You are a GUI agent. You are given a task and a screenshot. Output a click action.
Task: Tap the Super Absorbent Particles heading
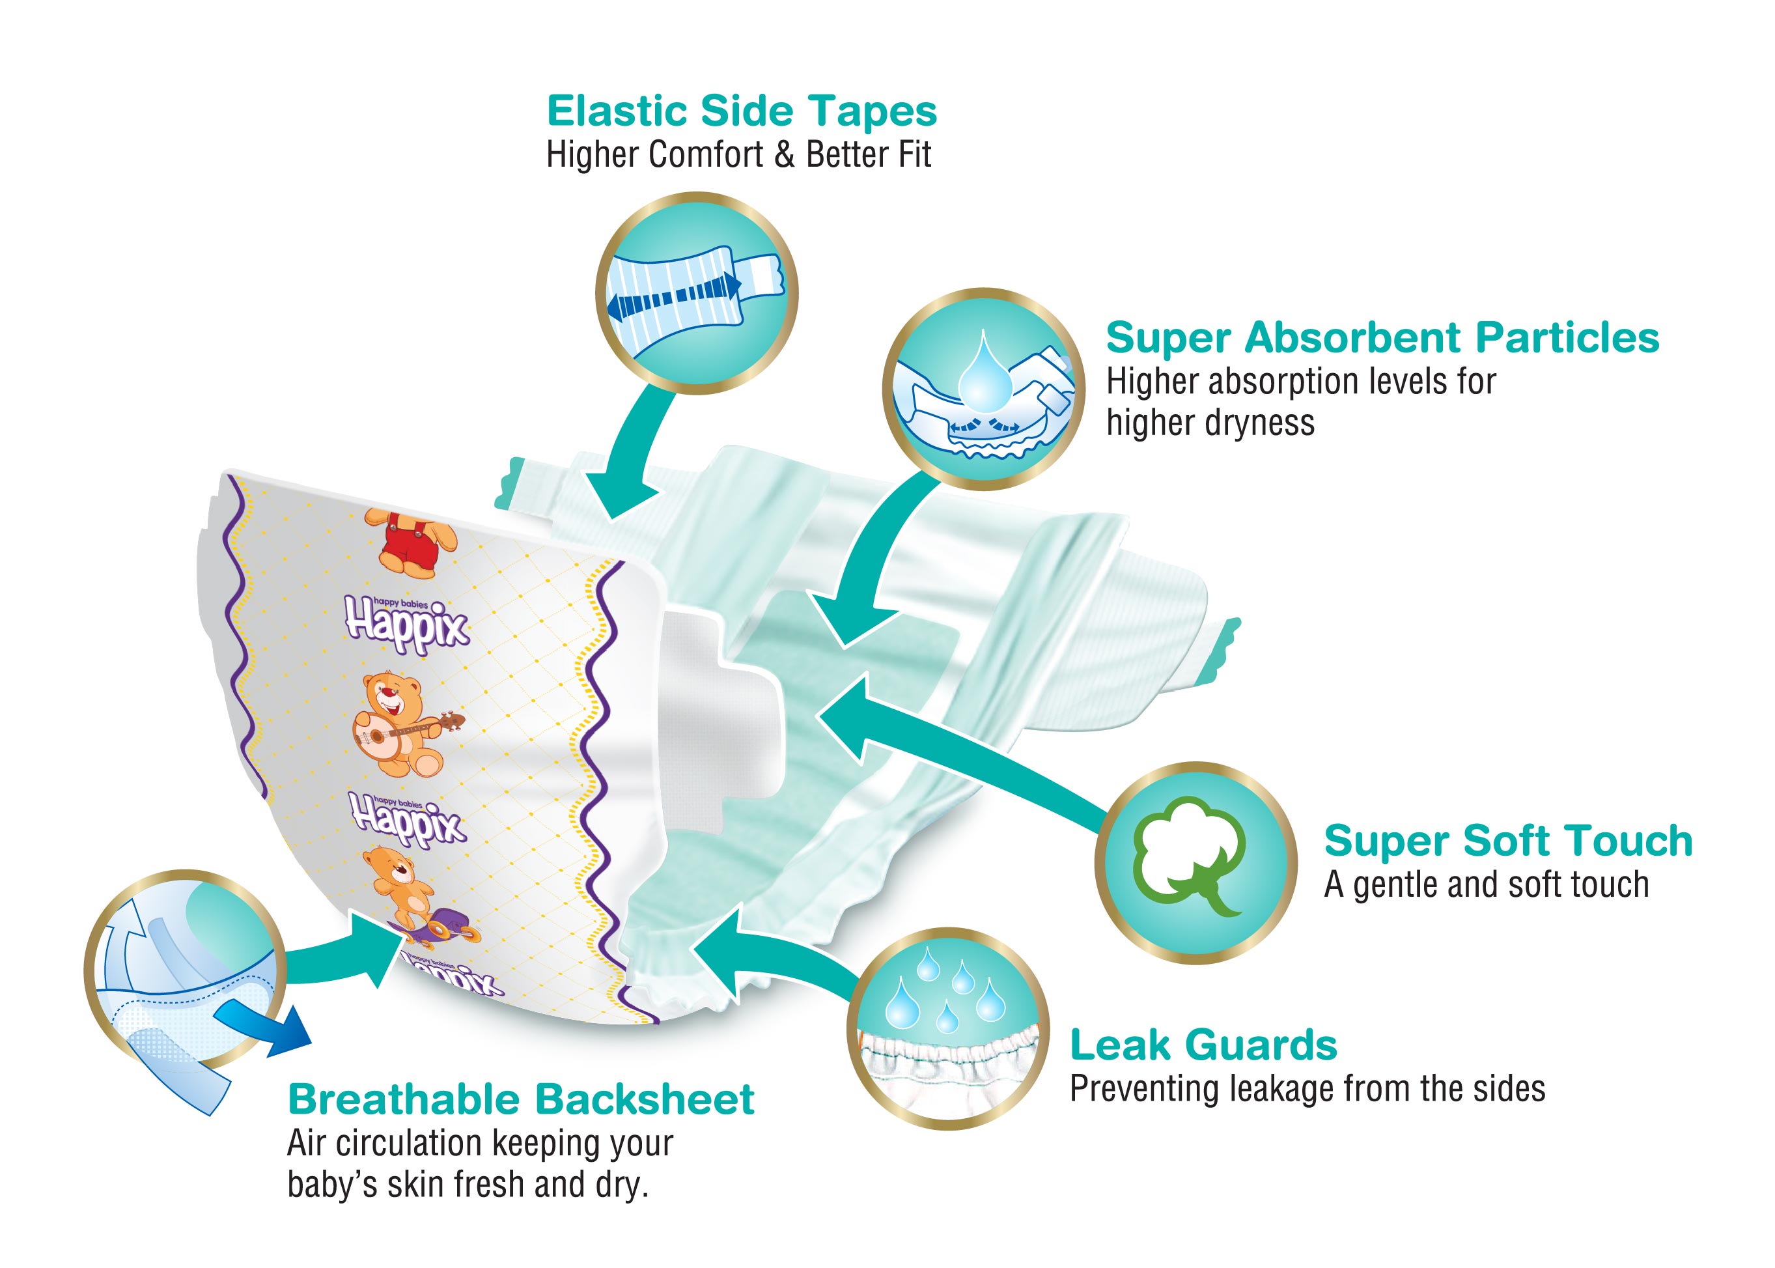[x=1382, y=338]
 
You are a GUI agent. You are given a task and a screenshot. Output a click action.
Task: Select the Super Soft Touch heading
[x=1508, y=841]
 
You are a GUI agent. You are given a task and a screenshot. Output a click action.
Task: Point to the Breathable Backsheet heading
[x=521, y=1099]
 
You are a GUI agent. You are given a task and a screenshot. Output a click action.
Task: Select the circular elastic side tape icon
[x=696, y=293]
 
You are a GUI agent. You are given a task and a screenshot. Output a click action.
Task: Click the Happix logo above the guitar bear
[x=407, y=625]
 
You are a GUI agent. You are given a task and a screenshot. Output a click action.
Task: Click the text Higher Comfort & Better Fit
[x=738, y=154]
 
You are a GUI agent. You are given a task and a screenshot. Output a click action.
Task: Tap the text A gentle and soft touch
[x=1486, y=884]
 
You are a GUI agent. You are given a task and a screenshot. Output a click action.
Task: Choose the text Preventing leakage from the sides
[x=1307, y=1088]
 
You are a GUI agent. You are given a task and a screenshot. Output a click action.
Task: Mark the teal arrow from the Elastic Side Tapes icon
[x=628, y=453]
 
